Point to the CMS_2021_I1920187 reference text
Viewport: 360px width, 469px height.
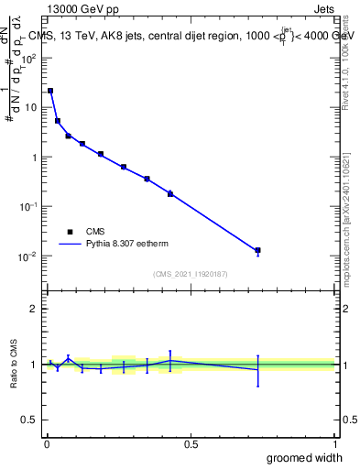[x=190, y=274]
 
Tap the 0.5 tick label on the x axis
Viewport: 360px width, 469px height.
[x=191, y=443]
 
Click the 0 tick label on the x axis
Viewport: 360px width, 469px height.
[x=47, y=443]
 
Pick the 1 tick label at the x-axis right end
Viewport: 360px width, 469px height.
[x=334, y=443]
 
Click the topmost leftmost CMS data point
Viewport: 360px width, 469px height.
[x=50, y=91]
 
